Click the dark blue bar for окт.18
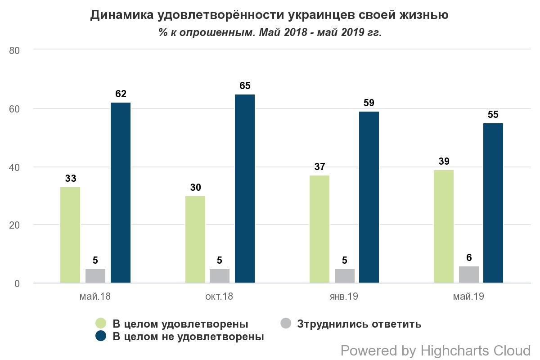click(244, 189)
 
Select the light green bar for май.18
click(70, 235)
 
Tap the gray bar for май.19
click(468, 274)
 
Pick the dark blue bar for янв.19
click(369, 197)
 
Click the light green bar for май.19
click(443, 226)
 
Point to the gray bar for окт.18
click(219, 276)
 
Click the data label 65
click(244, 86)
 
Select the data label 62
click(121, 94)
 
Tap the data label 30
click(195, 188)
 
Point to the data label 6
click(468, 258)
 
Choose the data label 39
click(443, 162)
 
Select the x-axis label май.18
click(95, 297)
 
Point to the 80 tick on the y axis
click(15, 50)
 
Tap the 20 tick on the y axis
click(15, 225)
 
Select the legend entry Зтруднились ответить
click(359, 324)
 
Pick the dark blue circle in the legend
click(101, 336)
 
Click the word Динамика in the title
click(121, 15)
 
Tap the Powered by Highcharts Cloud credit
click(435, 351)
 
